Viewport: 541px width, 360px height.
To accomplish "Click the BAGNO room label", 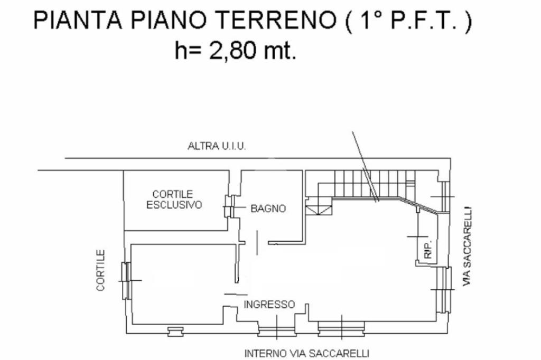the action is point(268,209).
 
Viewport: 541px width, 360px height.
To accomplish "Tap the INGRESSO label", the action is point(269,305).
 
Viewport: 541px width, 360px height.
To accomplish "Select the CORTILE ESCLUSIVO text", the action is point(174,200).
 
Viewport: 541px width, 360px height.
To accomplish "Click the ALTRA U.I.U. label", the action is point(217,146).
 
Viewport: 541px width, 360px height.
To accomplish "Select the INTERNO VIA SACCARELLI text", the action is point(306,353).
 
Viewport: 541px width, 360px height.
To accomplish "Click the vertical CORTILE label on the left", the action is point(100,270).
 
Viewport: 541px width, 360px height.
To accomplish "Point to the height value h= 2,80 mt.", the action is point(236,51).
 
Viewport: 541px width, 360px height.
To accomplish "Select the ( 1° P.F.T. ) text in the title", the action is point(407,22).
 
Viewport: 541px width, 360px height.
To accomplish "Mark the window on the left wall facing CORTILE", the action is point(126,280).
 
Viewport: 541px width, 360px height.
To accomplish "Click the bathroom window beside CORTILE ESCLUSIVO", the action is point(228,207).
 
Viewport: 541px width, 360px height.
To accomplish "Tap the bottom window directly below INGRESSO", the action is point(276,331).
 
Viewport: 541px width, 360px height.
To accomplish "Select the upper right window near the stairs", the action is point(445,196).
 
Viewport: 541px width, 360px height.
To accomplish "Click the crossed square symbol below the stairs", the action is point(320,209).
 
